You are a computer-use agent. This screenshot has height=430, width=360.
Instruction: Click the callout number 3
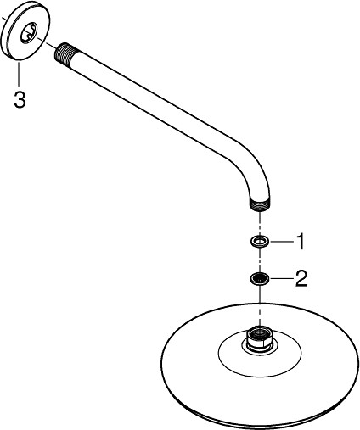pos(20,100)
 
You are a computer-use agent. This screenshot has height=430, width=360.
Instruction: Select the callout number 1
pos(300,242)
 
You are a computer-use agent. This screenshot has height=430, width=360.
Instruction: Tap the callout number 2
pos(301,278)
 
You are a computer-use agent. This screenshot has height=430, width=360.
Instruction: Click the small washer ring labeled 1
pos(259,242)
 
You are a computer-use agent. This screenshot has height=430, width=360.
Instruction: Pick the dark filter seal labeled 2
pos(259,279)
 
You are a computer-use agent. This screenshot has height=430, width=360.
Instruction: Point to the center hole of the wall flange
pos(29,33)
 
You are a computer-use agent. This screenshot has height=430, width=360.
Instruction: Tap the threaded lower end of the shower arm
pos(260,205)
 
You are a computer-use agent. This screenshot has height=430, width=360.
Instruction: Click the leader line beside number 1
pos(283,242)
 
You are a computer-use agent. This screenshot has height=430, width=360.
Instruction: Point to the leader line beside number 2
pos(283,279)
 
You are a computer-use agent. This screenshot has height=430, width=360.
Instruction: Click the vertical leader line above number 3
pos(19,74)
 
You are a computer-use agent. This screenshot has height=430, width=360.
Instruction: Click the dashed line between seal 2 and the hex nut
pos(260,305)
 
